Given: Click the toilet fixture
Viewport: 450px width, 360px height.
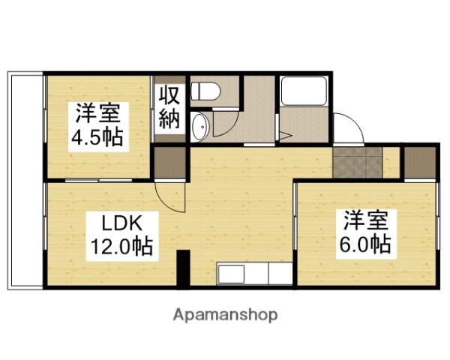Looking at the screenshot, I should [x=204, y=91].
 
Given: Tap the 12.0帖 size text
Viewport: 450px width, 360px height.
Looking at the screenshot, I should [x=122, y=245].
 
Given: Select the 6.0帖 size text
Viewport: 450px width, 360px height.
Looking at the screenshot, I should [x=368, y=244].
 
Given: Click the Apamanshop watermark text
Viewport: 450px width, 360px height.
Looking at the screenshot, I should [x=226, y=314].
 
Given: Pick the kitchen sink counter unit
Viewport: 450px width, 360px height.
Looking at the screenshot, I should [x=254, y=274].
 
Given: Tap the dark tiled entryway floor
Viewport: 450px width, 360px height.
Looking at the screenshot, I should [x=357, y=162].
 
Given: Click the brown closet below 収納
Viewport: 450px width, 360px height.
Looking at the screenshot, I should [x=169, y=162].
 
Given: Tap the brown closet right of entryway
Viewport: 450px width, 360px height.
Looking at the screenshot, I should [x=420, y=162].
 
